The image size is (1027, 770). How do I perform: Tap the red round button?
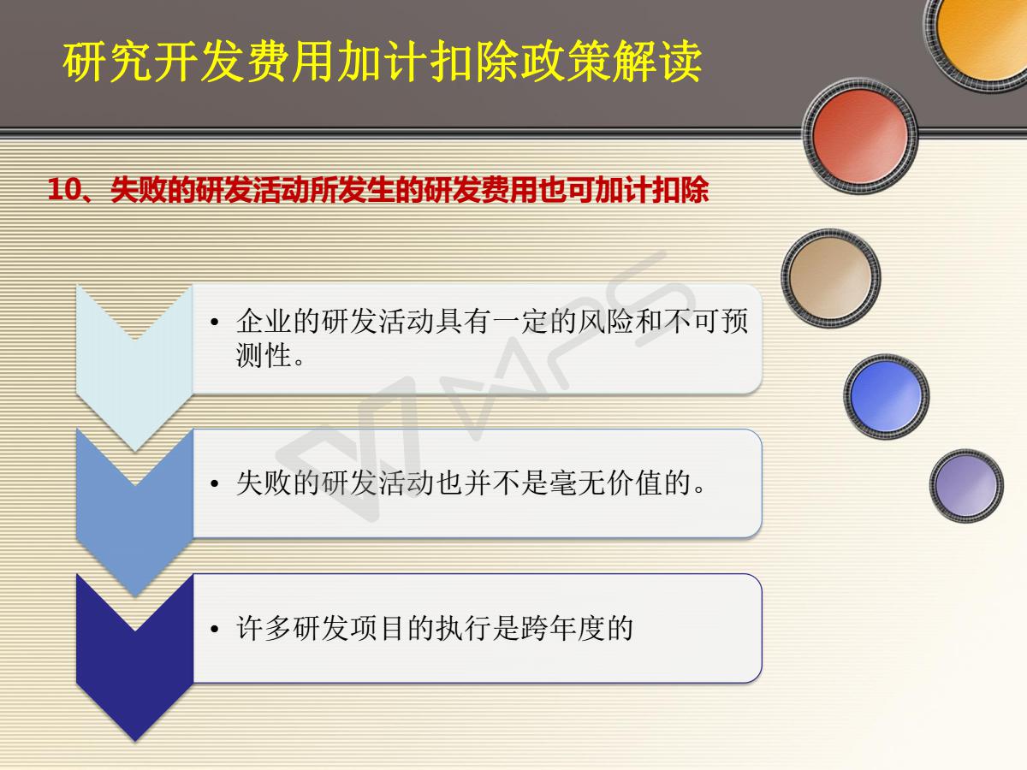click(x=860, y=136)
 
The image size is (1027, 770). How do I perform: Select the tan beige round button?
click(x=830, y=278)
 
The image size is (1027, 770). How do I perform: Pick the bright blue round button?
click(x=886, y=396)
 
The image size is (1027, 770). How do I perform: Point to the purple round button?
click(x=966, y=485)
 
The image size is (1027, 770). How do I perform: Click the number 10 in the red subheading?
click(x=64, y=189)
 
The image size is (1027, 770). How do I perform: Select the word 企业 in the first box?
click(x=264, y=321)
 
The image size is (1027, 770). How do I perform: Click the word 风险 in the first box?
click(x=605, y=321)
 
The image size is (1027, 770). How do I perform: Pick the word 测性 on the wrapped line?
click(x=264, y=355)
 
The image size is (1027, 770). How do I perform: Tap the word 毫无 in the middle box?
click(x=578, y=483)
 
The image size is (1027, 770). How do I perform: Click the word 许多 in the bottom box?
click(x=264, y=628)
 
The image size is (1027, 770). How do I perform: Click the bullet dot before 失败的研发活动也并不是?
click(x=215, y=484)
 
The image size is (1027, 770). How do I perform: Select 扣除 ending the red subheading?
click(x=680, y=190)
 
